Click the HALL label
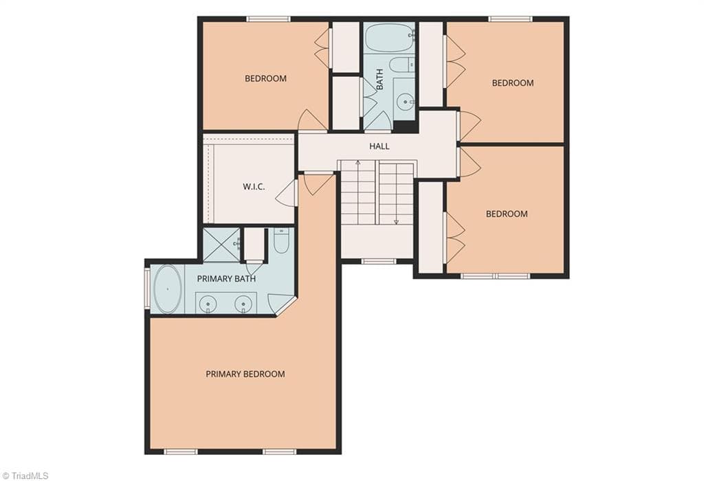pos(379,146)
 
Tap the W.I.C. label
pos(254,187)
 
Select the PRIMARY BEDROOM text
pos(245,374)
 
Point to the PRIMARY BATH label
pos(226,279)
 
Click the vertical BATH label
pos(379,79)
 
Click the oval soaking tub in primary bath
pos(168,289)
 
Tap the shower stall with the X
pos(221,245)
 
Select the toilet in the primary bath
pos(281,241)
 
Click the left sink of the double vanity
pos(208,304)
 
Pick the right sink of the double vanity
pos(243,304)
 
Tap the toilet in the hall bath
pos(402,65)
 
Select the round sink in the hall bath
pos(406,102)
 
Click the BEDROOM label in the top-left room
pos(265,79)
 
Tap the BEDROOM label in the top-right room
pos(513,83)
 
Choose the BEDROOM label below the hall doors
pos(507,214)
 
